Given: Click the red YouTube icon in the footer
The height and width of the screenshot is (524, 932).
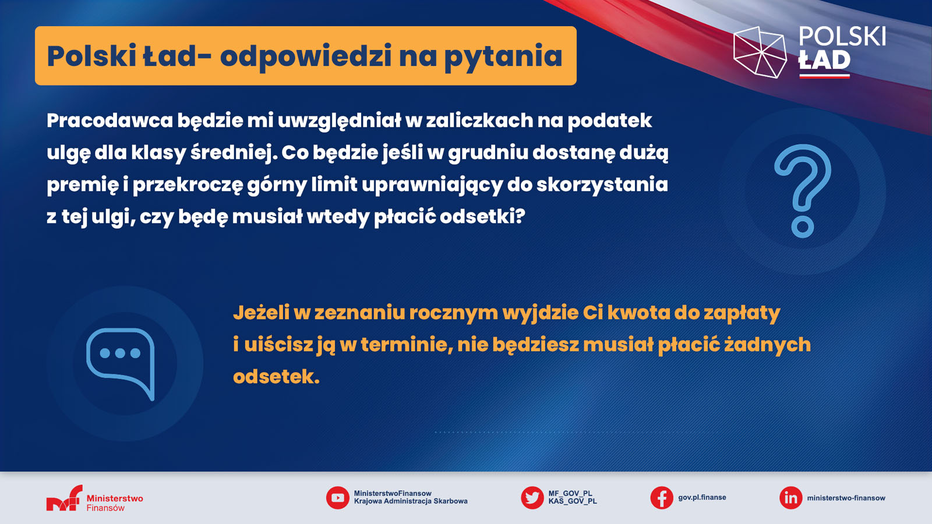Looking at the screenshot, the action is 337,498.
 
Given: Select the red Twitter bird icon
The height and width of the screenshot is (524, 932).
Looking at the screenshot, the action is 532,498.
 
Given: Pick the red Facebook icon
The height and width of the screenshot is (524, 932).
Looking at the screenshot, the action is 662,498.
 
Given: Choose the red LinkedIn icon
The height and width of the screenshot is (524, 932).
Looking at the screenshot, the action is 790,498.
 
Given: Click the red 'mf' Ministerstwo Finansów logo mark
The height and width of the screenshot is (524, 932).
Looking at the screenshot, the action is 65,498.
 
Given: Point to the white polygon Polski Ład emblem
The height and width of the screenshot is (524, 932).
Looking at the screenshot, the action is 760,52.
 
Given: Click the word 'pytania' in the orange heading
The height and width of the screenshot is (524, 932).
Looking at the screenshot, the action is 503,56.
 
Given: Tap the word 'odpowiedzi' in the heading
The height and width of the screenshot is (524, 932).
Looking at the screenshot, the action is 306,56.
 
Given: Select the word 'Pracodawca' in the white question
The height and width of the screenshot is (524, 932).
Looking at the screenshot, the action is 110,121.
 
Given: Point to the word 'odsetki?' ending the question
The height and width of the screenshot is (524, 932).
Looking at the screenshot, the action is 483,216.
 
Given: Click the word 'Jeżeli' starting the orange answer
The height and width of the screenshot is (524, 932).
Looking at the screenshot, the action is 262,313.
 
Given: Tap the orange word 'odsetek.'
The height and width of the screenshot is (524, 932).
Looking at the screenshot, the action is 276,377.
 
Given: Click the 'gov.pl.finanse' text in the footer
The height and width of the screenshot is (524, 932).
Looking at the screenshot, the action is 702,497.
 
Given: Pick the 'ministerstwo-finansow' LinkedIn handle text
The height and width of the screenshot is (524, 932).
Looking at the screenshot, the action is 846,498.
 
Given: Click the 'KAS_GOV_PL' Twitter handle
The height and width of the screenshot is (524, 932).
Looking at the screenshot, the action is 573,501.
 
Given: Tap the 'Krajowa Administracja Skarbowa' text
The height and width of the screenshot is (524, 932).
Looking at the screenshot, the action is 411,501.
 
